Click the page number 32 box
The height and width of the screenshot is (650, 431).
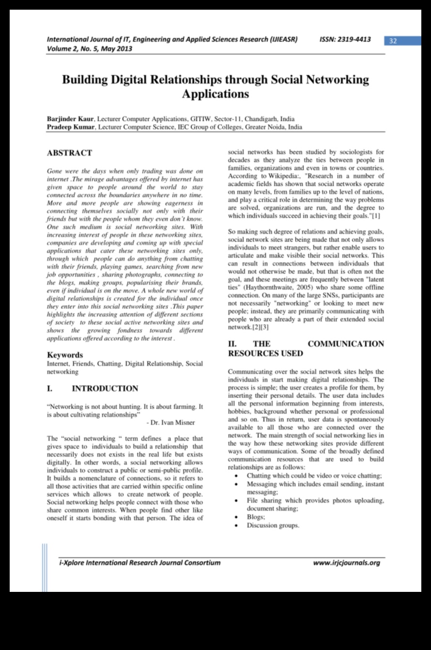click(393, 41)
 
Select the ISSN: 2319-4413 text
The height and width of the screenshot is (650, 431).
click(345, 39)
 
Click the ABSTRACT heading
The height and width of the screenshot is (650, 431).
click(69, 153)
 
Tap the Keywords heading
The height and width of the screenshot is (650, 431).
click(65, 355)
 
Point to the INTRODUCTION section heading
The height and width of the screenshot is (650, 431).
click(105, 388)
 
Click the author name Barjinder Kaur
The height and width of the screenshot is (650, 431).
click(70, 119)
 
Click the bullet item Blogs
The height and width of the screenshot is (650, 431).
click(256, 517)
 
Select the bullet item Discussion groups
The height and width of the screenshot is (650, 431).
click(273, 525)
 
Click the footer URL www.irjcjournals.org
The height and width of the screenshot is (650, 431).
click(346, 563)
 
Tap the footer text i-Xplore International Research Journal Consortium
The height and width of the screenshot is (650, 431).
click(139, 563)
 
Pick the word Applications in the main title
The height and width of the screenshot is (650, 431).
click(215, 93)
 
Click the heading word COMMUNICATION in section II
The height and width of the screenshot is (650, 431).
click(346, 344)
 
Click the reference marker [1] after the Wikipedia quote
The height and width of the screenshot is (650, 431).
click(376, 216)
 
